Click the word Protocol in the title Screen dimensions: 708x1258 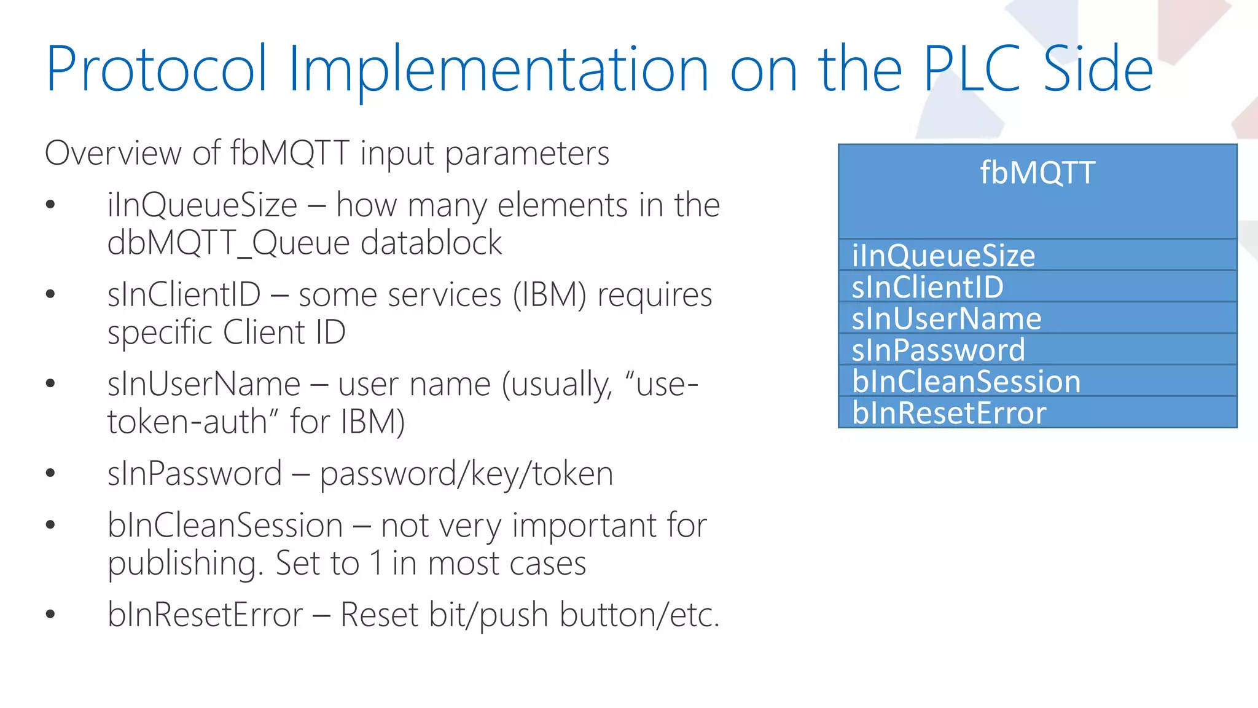click(157, 69)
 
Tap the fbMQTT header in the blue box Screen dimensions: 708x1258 click(1037, 173)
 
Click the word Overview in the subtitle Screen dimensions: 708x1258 click(114, 153)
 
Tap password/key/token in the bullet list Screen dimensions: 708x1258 click(466, 474)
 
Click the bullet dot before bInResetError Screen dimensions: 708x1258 click(50, 613)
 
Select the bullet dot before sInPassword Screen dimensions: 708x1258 click(50, 473)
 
